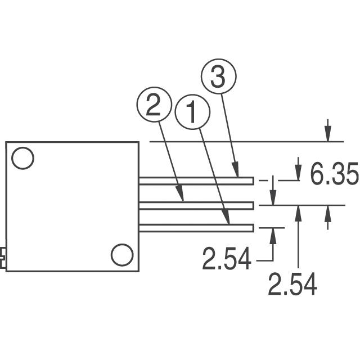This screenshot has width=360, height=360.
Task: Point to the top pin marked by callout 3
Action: [x=197, y=181]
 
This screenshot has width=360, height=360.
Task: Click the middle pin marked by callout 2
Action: [x=197, y=204]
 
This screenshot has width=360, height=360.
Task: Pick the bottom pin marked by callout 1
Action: [x=197, y=227]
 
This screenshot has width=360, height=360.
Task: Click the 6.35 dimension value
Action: [x=334, y=175]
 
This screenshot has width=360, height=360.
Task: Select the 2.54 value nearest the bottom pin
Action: [x=227, y=260]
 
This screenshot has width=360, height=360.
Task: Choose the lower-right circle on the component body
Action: [x=121, y=255]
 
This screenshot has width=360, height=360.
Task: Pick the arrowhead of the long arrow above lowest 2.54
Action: [x=299, y=210]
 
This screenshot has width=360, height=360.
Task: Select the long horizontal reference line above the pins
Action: [x=242, y=141]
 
